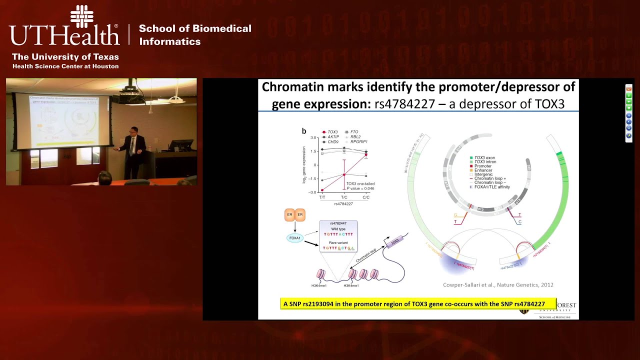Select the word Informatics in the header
pos(170,41)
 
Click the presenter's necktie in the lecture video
pos(132,144)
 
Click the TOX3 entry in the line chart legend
pos(332,132)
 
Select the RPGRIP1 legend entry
pos(362,141)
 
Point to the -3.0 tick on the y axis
pos(314,192)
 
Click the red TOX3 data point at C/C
pos(365,155)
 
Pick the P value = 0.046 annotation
pos(360,188)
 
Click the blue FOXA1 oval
pos(295,238)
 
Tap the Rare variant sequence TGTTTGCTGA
pos(338,248)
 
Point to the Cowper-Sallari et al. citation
pos(498,285)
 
